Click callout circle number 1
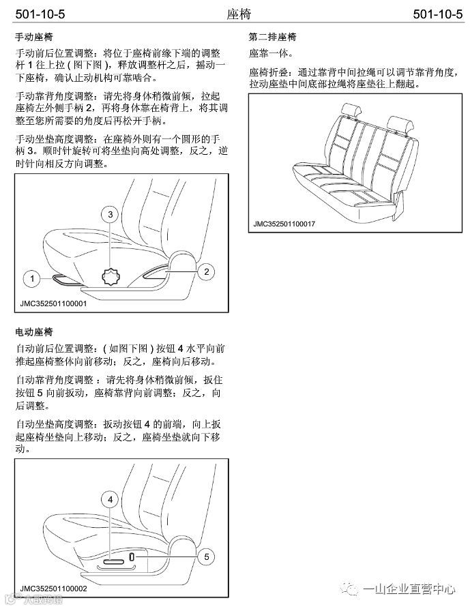(x=32, y=278)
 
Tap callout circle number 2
(x=207, y=272)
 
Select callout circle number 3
(x=111, y=215)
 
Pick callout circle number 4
(x=111, y=499)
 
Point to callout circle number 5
(x=207, y=557)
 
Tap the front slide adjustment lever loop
(x=66, y=280)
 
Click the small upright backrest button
(x=132, y=556)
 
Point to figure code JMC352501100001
(x=54, y=303)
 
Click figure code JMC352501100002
(x=54, y=589)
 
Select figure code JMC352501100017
(x=284, y=224)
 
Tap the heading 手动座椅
(x=34, y=37)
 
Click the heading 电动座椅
(x=34, y=332)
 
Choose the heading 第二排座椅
(x=272, y=37)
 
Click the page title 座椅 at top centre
(x=239, y=14)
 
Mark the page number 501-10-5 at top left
(x=40, y=14)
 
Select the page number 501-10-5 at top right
(x=438, y=14)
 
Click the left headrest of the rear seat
(x=351, y=110)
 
